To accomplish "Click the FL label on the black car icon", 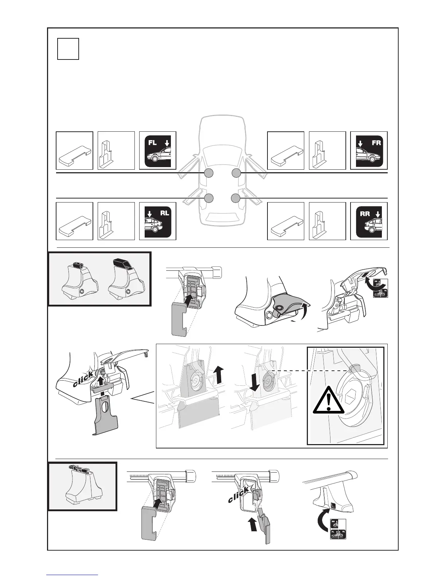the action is [152, 143].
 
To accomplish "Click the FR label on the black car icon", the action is [376, 143].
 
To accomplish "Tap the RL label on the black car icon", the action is [164, 213].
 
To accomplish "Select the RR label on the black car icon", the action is [365, 214].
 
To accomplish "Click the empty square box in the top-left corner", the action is [68, 49].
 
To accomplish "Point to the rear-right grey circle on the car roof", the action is [236, 198].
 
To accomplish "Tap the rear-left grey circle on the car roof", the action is [208, 198].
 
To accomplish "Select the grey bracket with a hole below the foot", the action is [106, 416].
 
